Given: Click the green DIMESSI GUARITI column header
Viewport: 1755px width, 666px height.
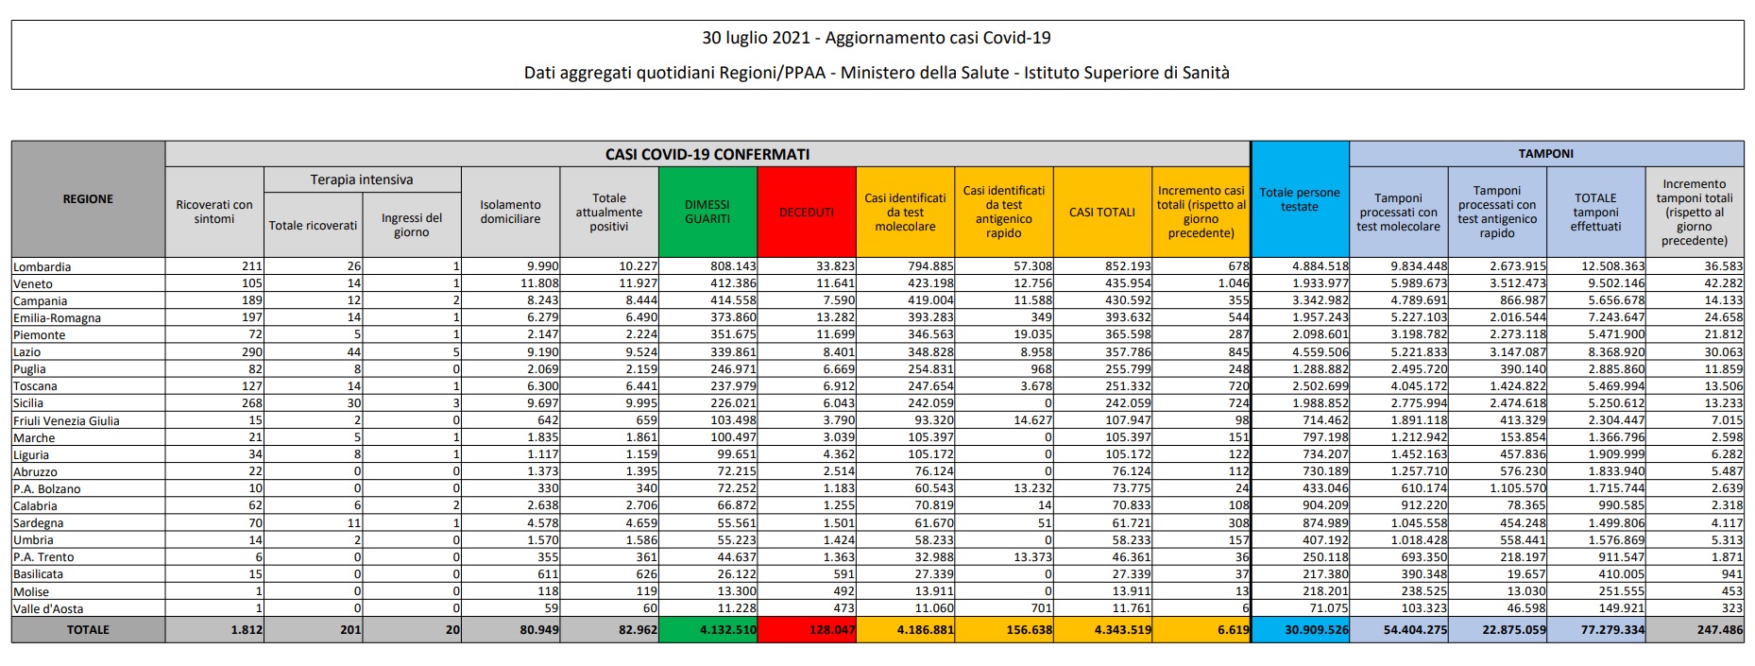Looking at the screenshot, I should [x=707, y=212].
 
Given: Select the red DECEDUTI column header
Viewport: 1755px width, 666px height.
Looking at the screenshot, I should [x=806, y=212].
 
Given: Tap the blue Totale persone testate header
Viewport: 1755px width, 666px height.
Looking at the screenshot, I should [x=1299, y=199].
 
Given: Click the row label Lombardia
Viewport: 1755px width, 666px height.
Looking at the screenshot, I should [x=43, y=267].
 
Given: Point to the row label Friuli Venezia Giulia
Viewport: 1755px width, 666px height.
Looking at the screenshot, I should [x=66, y=421].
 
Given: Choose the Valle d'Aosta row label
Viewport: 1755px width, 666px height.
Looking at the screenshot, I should [x=48, y=609].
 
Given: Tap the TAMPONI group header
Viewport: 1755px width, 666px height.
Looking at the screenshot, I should [x=1545, y=153].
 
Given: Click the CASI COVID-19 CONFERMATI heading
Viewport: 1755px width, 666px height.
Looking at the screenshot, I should [x=707, y=154].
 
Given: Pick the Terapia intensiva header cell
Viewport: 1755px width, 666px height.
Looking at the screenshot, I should [x=362, y=179].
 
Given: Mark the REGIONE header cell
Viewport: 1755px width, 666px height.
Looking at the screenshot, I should [x=88, y=199].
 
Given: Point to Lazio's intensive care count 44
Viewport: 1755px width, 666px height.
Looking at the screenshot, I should [x=353, y=352].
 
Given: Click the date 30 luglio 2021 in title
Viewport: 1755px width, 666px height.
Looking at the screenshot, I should [x=756, y=38].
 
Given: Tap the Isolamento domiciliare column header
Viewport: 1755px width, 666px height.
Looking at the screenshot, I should [x=510, y=212].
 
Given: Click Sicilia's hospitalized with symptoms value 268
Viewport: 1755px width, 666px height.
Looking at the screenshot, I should [x=250, y=403].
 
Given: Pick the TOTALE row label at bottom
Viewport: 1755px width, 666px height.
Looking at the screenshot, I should [x=88, y=630].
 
